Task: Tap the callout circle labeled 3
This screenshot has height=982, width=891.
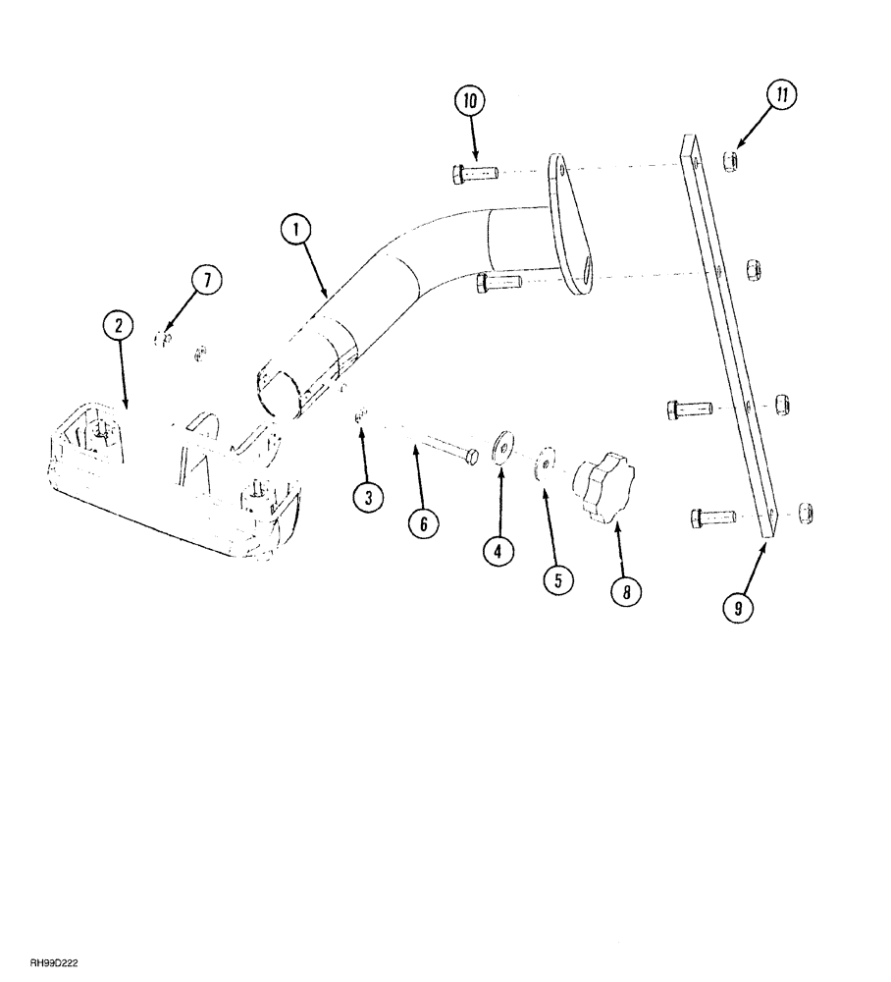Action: [x=368, y=498]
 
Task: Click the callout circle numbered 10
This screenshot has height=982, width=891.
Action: [x=469, y=100]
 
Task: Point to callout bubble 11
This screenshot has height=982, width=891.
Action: [x=783, y=96]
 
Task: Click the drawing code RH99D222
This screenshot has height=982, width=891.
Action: [x=55, y=965]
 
